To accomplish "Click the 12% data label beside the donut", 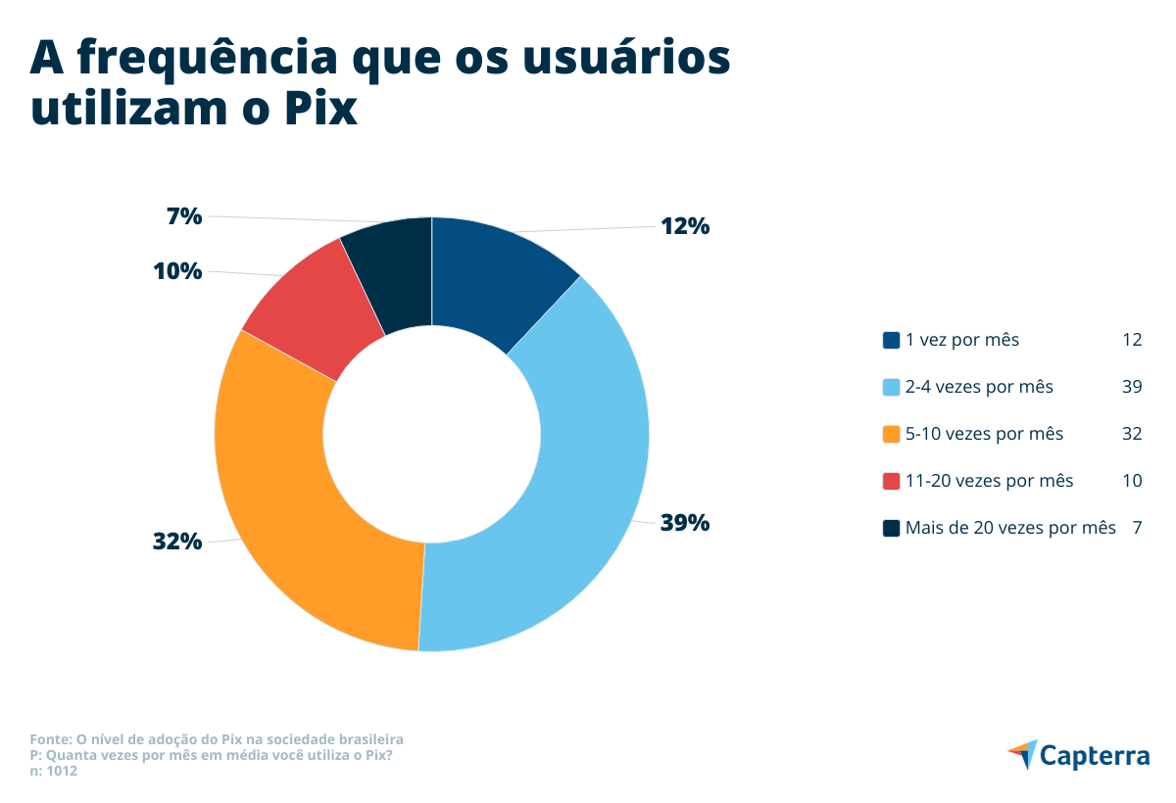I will pos(684,226).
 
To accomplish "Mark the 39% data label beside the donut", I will pos(684,523).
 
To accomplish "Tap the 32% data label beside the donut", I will pos(177,541).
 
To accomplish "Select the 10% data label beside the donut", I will pos(177,271).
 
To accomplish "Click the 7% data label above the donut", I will pos(184,216).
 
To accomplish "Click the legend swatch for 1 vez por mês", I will pos(891,341).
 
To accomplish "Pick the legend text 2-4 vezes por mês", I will pos(979,387).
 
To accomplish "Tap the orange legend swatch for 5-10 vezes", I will pos(891,434).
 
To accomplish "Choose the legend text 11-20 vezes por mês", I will pos(989,481).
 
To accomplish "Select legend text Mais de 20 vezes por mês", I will pos(1010,528).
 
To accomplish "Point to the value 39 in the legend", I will pos(1132,387).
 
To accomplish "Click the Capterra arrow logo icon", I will pos(1021,754).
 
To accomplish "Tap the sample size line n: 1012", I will pos(54,771).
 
